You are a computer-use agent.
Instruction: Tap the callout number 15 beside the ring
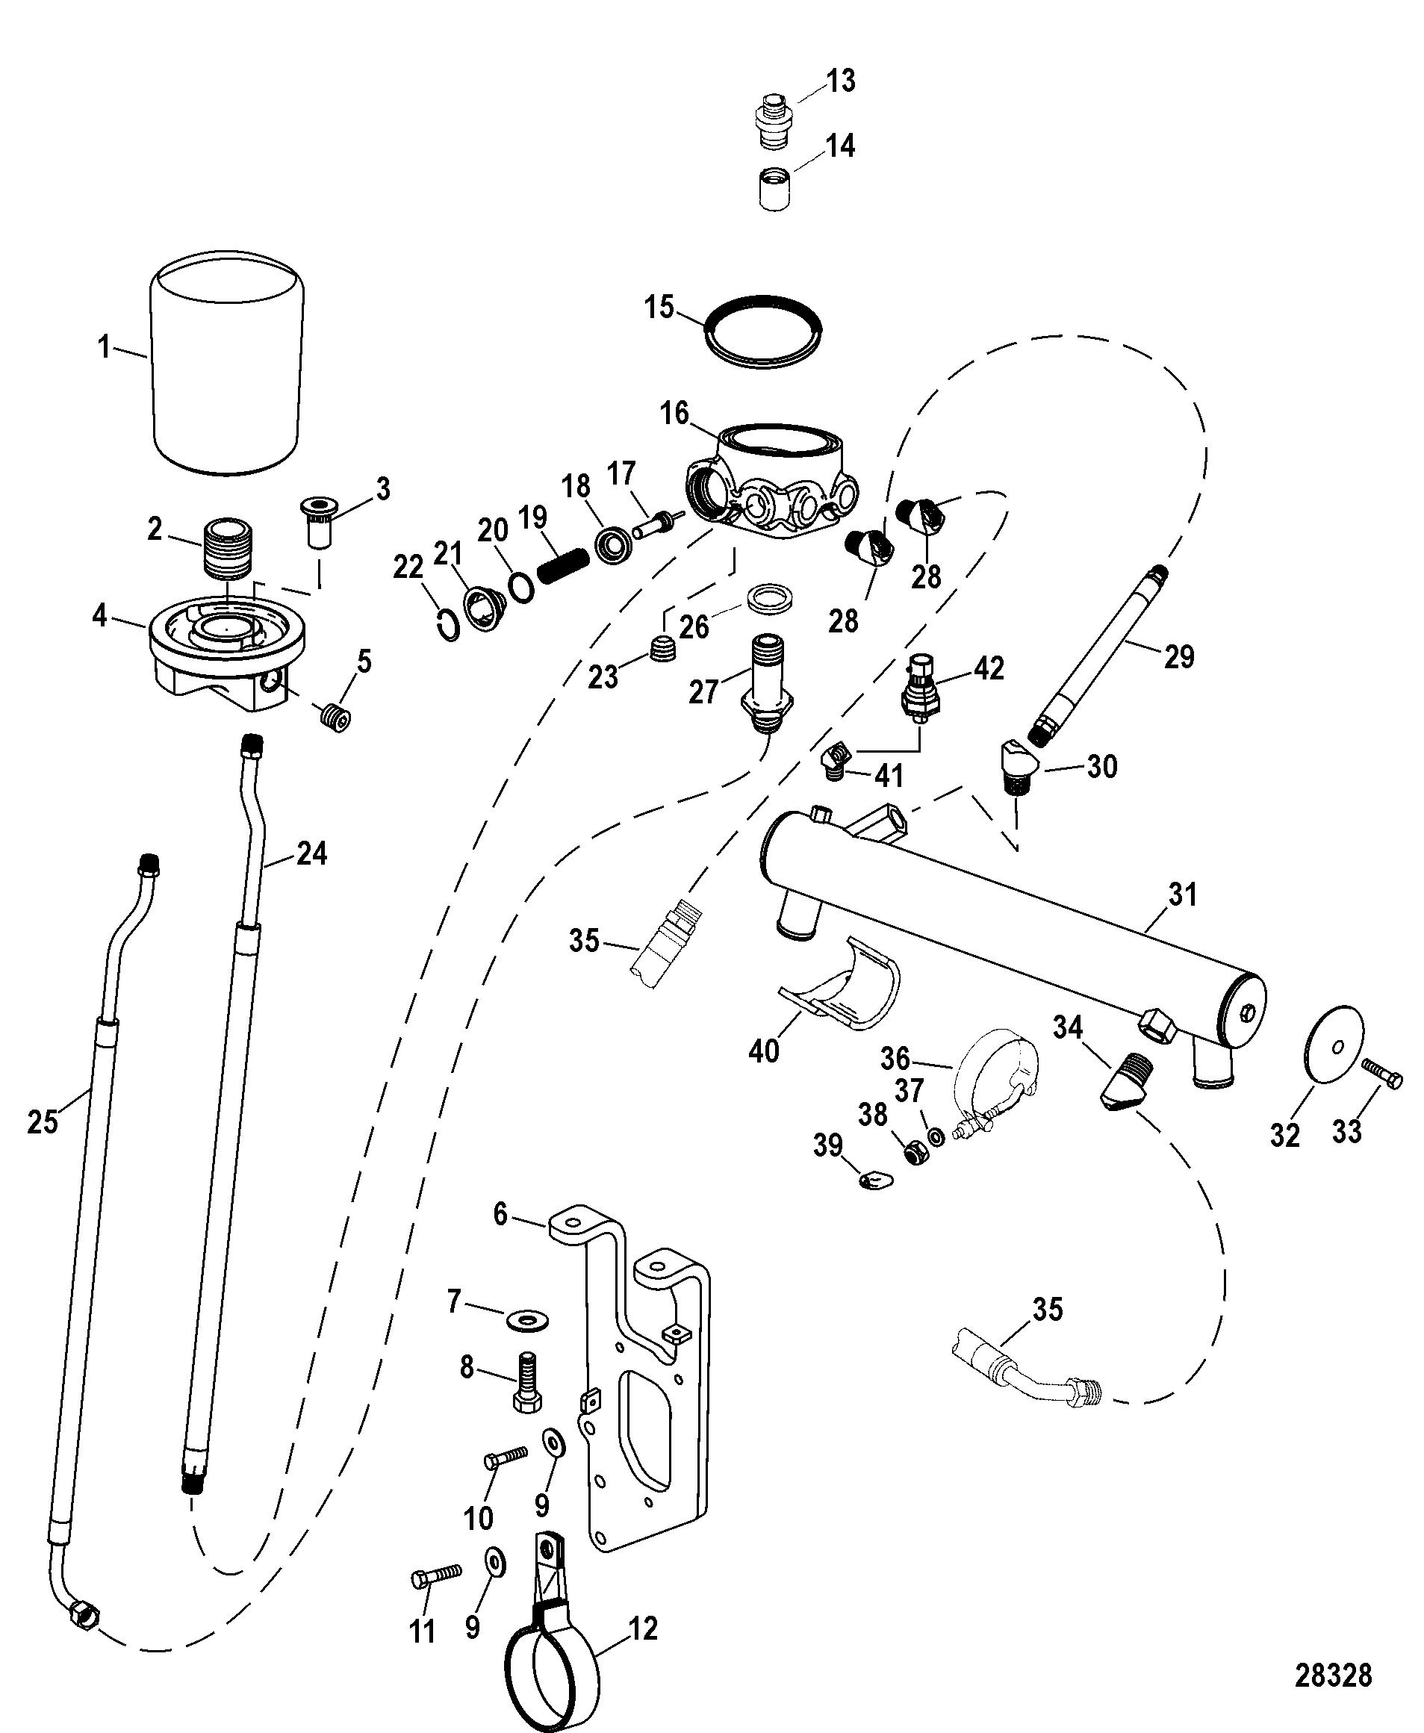point(659,308)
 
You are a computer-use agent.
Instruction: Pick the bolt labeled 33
point(1383,1072)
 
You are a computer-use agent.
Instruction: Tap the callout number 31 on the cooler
point(1183,894)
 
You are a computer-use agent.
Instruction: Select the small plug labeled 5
point(335,718)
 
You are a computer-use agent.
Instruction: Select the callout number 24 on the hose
point(311,853)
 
